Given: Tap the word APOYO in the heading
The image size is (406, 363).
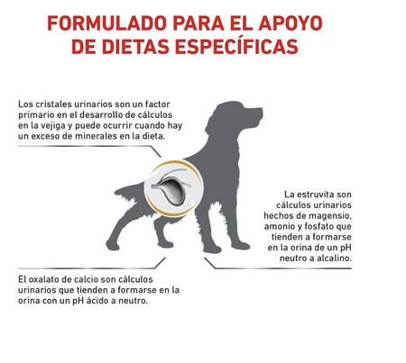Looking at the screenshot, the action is pyautogui.click(x=291, y=23).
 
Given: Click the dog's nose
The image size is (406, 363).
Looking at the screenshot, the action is pyautogui.click(x=261, y=110).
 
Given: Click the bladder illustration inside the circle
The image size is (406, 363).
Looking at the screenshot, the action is pyautogui.click(x=171, y=187).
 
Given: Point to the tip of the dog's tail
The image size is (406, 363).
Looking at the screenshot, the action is pyautogui.click(x=116, y=193).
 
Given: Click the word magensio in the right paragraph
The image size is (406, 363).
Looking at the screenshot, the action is pyautogui.click(x=330, y=216).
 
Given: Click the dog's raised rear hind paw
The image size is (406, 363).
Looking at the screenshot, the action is pyautogui.click(x=113, y=245).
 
